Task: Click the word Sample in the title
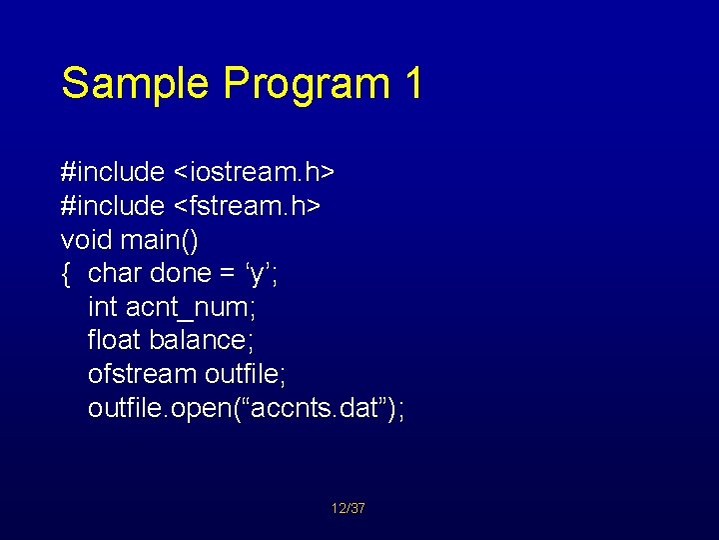137,83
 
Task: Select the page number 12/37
349,509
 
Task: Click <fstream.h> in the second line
248,205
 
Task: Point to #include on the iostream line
113,171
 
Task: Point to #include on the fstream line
113,205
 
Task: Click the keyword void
87,239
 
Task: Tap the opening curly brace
66,273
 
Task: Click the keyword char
115,273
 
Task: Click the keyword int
103,307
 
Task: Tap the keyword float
115,340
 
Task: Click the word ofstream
142,374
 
